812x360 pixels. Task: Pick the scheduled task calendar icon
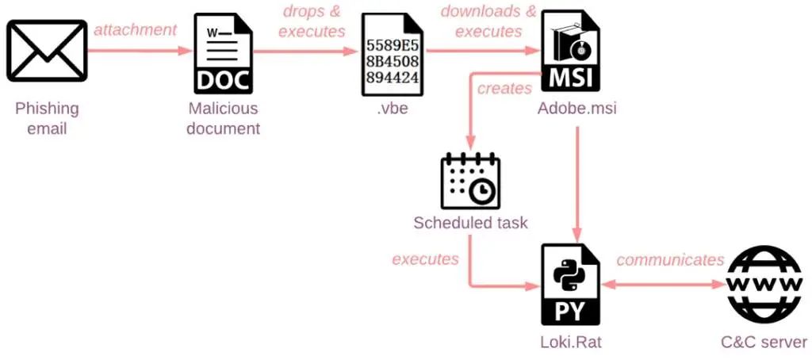(470, 181)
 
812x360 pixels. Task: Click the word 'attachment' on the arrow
(136, 30)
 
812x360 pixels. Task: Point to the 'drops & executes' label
(312, 22)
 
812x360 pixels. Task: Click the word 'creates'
(504, 88)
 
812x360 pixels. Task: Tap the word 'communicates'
(670, 259)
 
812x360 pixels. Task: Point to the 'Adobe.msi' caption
(576, 109)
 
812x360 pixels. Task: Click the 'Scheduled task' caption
(469, 222)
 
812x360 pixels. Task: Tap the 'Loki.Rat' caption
(572, 343)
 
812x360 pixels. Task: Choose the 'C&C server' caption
(764, 343)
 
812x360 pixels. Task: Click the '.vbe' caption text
(392, 109)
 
